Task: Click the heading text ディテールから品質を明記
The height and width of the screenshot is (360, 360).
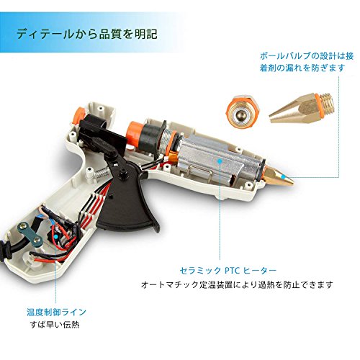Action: (x=87, y=34)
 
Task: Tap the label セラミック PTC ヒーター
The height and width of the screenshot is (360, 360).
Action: (x=228, y=271)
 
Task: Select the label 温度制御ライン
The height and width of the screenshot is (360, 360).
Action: (x=56, y=312)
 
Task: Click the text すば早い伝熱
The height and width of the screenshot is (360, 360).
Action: (x=55, y=325)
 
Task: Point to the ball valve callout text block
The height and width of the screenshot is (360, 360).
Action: (x=307, y=62)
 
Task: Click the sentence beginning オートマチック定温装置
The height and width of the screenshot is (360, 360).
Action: (x=237, y=285)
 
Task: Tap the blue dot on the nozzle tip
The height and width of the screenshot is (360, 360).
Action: (x=283, y=177)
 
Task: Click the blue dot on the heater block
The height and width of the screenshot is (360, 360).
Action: (x=220, y=161)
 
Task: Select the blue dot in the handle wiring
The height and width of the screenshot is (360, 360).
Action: (x=56, y=237)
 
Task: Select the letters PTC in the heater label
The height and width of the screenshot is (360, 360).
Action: (x=233, y=271)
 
